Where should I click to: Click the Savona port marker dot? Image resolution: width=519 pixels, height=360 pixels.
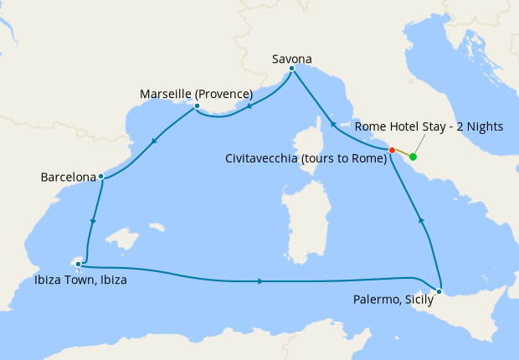291,69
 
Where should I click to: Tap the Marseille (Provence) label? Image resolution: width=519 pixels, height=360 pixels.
197,93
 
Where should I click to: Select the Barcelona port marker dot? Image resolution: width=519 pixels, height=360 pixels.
100,177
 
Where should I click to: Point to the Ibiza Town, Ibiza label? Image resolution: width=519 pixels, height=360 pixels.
81,280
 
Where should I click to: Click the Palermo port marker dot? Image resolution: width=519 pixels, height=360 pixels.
439,291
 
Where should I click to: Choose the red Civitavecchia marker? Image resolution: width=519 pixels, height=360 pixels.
392,150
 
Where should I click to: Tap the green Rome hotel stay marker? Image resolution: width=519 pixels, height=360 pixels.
414,157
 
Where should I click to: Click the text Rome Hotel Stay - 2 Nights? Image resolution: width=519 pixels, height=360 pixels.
429,126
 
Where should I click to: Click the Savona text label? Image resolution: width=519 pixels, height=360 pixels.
292,59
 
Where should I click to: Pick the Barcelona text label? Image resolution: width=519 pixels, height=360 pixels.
66,177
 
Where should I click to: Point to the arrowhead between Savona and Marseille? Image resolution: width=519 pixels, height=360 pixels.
248,107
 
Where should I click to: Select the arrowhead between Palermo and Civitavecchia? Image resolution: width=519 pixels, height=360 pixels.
421,220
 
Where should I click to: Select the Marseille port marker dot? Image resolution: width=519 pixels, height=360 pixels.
197,106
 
